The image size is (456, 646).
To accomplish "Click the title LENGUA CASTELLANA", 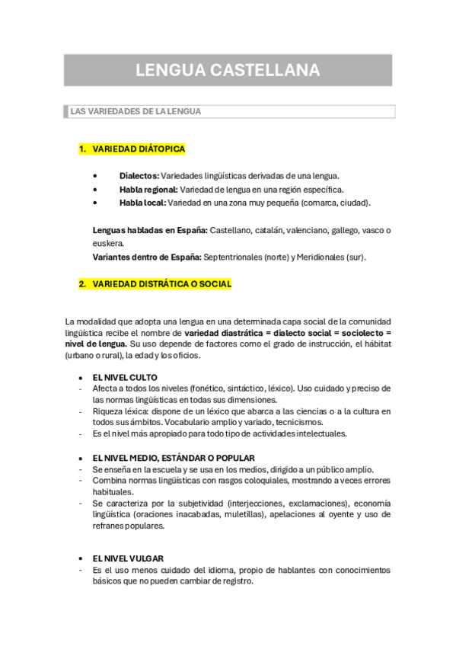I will pos(228,71).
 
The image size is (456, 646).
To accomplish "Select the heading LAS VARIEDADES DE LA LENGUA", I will pos(136,111).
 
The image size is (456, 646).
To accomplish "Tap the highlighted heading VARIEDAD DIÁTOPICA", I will pos(139,149).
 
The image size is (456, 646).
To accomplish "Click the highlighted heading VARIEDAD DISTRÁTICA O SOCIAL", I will pos(161,284).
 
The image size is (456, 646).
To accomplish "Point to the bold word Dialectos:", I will pos(139,176).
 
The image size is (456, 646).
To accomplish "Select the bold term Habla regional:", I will pos(148,190).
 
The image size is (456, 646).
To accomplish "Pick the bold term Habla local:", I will pos(142,203).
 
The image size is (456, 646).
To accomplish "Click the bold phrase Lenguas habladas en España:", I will pos(149,230).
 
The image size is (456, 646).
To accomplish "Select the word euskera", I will pos(108,244).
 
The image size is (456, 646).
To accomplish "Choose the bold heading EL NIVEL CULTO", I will pos(125,378).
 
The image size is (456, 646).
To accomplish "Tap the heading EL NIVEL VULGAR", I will pos(128,558).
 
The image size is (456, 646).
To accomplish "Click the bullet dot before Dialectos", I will pos(94,176).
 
